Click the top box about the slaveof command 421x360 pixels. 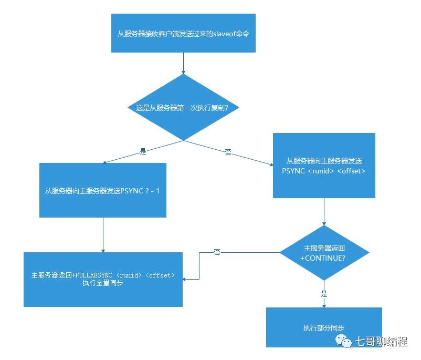(x=183, y=33)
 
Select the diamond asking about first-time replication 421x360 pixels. (x=183, y=107)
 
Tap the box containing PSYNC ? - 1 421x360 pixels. (x=103, y=190)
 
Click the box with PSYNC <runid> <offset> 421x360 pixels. (x=324, y=165)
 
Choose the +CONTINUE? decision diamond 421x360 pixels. (x=324, y=253)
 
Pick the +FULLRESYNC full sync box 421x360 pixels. (x=103, y=279)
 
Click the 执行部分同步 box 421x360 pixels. (x=324, y=327)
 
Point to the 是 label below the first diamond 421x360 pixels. (x=143, y=151)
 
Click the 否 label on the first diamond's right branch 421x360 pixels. (x=228, y=152)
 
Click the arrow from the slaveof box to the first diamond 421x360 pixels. (x=183, y=63)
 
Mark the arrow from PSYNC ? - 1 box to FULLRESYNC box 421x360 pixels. (x=103, y=235)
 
